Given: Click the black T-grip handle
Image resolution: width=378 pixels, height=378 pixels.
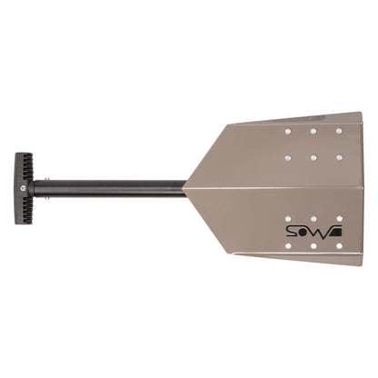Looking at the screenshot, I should [24, 188].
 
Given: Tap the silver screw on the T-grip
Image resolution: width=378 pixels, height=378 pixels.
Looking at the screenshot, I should [21, 188].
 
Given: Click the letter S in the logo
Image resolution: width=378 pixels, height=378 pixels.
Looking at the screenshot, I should [292, 232].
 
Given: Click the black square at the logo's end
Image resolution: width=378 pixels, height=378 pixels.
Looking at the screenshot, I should [337, 232].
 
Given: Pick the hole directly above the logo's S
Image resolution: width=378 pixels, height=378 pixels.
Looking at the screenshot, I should [289, 219].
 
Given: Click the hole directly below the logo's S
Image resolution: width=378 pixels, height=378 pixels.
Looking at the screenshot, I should [289, 246].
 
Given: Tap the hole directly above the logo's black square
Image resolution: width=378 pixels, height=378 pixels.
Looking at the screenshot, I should [339, 219].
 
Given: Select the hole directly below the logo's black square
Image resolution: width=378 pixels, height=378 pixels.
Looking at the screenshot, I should [339, 246].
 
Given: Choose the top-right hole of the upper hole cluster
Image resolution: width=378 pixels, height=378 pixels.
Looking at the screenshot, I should [339, 131].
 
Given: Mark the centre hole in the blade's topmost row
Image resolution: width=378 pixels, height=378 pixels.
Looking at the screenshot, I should [313, 131].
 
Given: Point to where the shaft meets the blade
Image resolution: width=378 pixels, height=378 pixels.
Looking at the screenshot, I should [184, 189].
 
